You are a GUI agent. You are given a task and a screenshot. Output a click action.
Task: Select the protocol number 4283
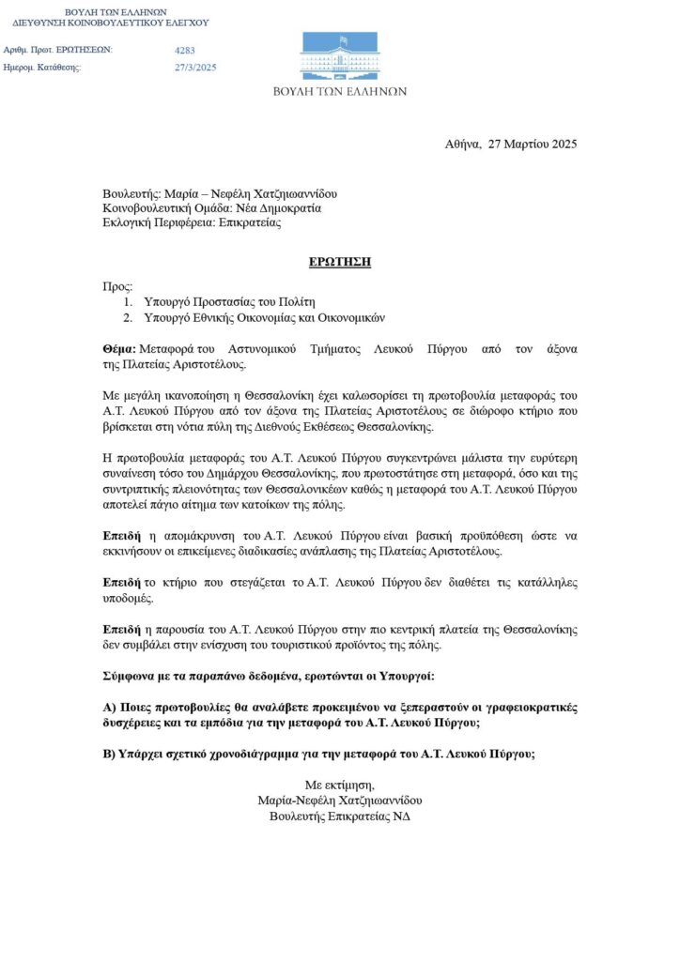(x=185, y=51)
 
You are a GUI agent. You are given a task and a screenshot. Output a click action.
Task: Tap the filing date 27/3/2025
(x=195, y=68)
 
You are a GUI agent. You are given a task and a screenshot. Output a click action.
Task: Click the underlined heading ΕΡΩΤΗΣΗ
(x=340, y=262)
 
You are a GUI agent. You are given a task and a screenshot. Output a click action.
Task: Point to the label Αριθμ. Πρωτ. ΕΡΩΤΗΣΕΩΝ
(x=58, y=50)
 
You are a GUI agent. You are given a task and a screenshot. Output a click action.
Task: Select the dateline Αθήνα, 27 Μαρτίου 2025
(x=511, y=145)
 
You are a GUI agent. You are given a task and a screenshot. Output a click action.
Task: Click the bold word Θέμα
(x=119, y=349)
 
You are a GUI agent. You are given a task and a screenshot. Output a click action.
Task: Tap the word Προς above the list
(x=118, y=285)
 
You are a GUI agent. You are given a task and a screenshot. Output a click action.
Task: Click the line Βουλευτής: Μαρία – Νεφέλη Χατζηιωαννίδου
(x=219, y=193)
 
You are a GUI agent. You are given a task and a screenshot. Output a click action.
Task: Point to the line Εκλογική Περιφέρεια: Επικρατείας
(x=192, y=223)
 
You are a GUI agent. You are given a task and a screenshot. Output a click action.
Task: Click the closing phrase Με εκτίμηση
(x=339, y=785)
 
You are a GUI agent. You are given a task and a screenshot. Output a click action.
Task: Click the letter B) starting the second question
(x=108, y=754)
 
